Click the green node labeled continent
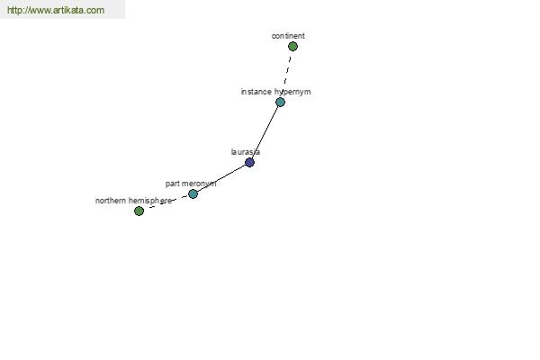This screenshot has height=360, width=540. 292,46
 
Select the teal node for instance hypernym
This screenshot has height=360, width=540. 280,102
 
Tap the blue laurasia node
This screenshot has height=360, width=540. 249,162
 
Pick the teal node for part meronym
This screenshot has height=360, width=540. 193,194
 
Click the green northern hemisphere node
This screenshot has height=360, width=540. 139,211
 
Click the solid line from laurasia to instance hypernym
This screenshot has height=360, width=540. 265,132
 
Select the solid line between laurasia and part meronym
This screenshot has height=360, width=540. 221,178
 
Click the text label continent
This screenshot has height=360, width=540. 288,36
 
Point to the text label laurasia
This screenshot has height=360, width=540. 245,152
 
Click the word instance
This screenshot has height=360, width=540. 256,92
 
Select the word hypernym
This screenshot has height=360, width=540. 292,92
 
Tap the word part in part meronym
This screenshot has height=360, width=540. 173,184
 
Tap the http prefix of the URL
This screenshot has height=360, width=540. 14,10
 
